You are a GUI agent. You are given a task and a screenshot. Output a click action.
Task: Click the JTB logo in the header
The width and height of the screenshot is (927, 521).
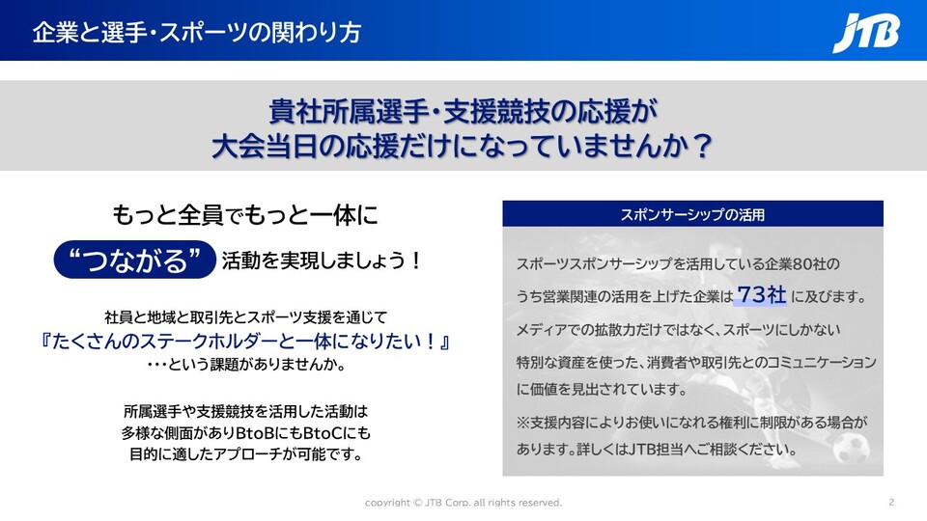tap(866, 33)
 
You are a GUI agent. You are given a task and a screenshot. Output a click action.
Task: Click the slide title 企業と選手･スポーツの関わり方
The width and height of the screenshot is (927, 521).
tap(197, 33)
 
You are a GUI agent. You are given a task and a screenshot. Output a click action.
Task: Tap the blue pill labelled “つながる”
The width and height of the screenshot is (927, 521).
tap(135, 260)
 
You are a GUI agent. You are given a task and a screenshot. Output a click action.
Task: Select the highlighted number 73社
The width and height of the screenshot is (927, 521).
tap(762, 294)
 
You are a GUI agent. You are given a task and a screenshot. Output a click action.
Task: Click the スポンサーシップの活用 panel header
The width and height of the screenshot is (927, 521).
tap(693, 214)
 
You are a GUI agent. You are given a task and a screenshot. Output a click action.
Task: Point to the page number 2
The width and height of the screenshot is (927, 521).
tap(891, 502)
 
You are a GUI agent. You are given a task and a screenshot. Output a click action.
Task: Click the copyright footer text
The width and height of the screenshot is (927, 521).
tap(463, 503)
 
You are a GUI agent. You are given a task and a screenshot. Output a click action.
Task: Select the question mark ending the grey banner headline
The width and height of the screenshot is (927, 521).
tap(703, 146)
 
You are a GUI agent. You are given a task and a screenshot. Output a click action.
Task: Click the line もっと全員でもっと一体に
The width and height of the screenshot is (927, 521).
tap(245, 215)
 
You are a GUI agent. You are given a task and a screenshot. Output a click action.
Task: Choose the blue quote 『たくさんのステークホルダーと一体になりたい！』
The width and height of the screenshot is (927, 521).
tap(245, 341)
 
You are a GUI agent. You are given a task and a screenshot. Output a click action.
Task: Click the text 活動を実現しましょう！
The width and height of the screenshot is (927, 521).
tap(323, 260)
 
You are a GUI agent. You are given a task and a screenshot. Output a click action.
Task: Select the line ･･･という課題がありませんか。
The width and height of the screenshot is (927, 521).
tap(246, 364)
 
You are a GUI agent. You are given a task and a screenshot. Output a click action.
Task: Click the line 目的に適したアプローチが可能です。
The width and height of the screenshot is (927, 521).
tap(246, 454)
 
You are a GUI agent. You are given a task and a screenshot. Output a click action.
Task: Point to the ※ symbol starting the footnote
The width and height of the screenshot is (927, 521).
tap(522, 423)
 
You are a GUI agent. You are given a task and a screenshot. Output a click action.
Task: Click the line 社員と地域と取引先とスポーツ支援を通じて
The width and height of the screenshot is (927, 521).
tap(246, 317)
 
